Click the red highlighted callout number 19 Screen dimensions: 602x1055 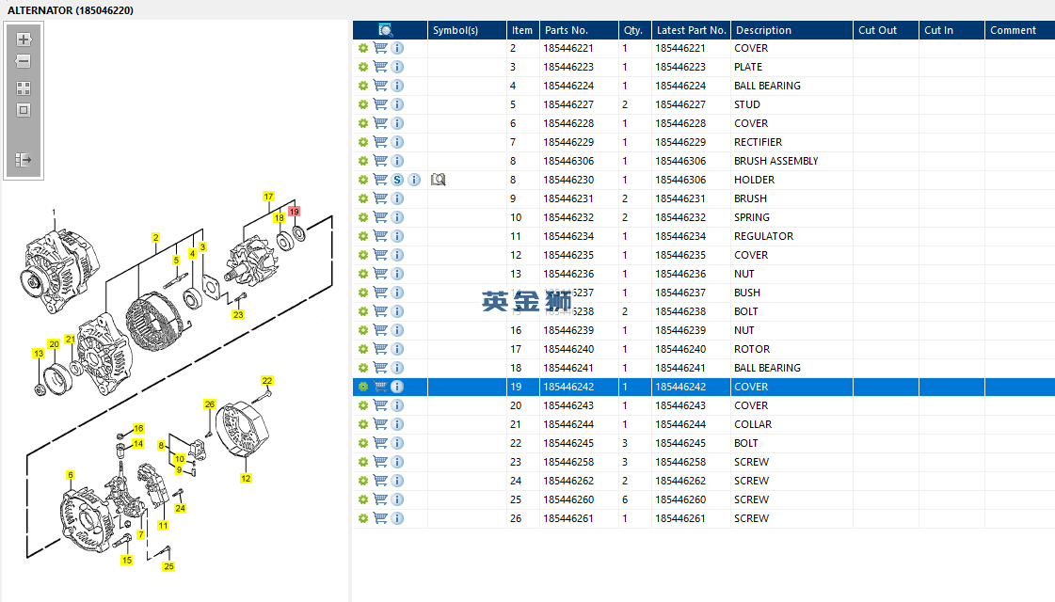coord(294,212)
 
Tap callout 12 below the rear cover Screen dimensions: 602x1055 coord(246,478)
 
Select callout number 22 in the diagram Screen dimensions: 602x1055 coord(267,381)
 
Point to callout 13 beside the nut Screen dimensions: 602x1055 coord(39,354)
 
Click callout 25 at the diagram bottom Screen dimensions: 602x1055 coord(168,566)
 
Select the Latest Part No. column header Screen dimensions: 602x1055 coord(691,30)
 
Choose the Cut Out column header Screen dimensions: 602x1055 coord(877,30)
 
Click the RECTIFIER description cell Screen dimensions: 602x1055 coord(758,142)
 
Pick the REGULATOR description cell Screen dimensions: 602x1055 coord(763,236)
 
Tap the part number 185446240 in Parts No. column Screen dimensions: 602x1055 coord(567,349)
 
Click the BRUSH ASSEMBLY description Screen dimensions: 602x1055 coord(775,161)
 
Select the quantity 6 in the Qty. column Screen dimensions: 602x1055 coord(624,499)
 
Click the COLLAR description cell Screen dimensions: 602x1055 coord(752,424)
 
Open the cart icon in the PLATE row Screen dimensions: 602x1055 coord(380,67)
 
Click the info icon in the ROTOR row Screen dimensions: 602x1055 coord(397,349)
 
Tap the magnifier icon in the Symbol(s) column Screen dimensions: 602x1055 coord(438,180)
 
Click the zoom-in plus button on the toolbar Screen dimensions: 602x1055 coord(24,40)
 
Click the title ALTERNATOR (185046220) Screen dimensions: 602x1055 coord(71,9)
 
